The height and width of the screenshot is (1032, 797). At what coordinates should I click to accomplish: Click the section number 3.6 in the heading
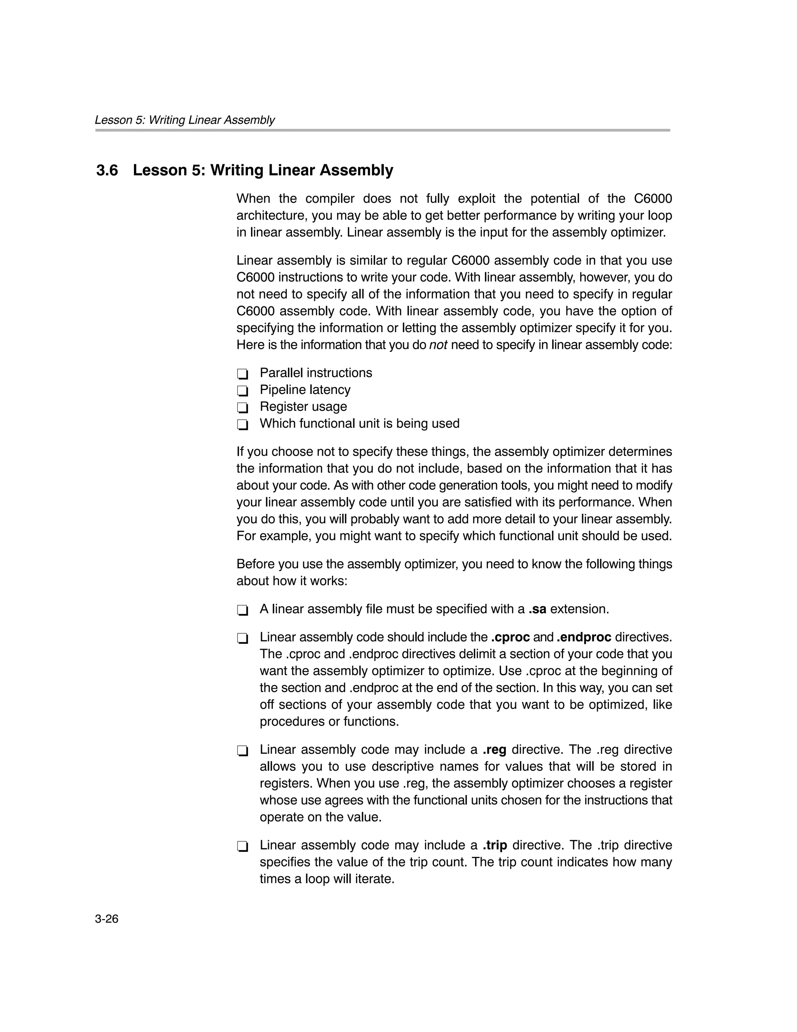pyautogui.click(x=107, y=170)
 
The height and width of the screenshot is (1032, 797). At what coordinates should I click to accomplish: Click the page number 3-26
pyautogui.click(x=107, y=919)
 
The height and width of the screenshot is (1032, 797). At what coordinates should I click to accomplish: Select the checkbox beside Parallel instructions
pyautogui.click(x=242, y=374)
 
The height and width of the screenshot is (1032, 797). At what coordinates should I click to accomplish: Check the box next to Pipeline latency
pyautogui.click(x=242, y=391)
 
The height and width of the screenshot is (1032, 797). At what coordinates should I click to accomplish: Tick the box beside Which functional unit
pyautogui.click(x=242, y=425)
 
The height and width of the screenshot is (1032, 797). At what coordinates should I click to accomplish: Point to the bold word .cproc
pyautogui.click(x=510, y=637)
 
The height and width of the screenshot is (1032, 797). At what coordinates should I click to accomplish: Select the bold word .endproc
pyautogui.click(x=584, y=637)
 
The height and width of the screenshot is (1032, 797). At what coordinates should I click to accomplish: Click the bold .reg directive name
pyautogui.click(x=495, y=750)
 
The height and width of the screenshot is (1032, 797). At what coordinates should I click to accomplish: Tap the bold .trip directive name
pyautogui.click(x=495, y=846)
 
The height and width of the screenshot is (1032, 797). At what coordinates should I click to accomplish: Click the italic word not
pyautogui.click(x=438, y=345)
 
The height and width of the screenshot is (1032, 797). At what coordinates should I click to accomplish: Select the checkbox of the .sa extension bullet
pyautogui.click(x=242, y=610)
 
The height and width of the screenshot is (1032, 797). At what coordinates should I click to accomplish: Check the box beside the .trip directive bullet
pyautogui.click(x=242, y=847)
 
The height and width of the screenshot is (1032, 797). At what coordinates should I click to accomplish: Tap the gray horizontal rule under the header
pyautogui.click(x=382, y=130)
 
